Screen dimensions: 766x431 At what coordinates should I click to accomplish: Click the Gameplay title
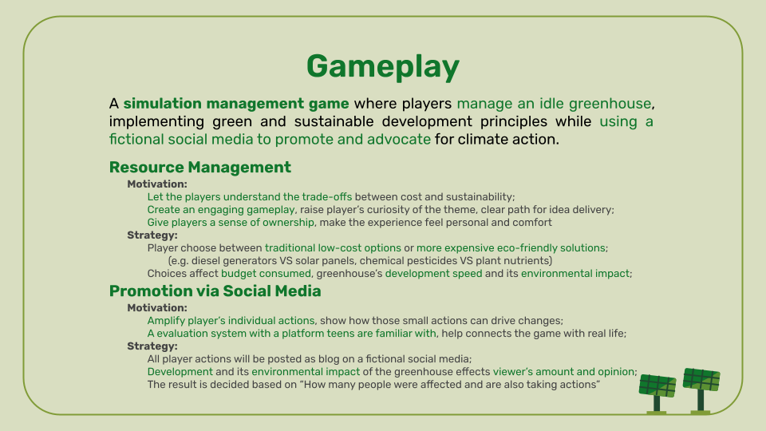pos(382,67)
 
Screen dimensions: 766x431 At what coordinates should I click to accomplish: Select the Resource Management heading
pos(199,167)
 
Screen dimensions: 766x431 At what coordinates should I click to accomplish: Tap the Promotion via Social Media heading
pos(215,291)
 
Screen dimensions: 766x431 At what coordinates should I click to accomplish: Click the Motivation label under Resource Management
pos(157,184)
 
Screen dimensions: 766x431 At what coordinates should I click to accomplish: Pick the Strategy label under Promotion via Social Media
pos(152,346)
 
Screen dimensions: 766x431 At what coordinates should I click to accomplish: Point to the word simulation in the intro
pos(162,104)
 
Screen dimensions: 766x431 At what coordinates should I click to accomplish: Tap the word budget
pos(236,273)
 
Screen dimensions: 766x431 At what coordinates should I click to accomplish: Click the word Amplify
pos(166,321)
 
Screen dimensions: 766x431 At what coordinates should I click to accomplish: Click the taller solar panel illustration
pos(701,390)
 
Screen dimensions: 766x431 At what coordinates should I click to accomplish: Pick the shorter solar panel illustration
pos(657,393)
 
